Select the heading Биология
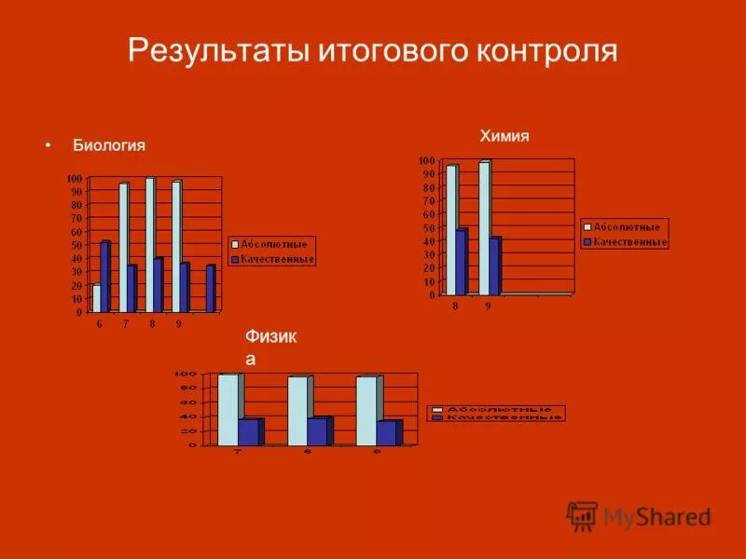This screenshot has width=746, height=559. [109, 146]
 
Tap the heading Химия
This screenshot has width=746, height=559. [504, 136]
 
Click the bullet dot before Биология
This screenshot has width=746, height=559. [47, 146]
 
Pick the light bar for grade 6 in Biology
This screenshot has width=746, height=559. [96, 297]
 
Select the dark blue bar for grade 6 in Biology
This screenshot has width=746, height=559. [105, 277]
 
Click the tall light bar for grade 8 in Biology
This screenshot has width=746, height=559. [149, 244]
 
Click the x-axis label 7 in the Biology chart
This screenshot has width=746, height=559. [125, 323]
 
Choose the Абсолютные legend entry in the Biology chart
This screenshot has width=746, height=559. [273, 244]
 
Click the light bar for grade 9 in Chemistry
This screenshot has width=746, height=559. [483, 228]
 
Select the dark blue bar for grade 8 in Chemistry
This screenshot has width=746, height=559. [461, 262]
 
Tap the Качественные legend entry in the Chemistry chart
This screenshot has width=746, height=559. [625, 242]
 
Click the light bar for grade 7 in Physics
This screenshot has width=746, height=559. [228, 409]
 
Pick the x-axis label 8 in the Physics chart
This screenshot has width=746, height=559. [307, 452]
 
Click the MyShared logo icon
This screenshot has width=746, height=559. [582, 515]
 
